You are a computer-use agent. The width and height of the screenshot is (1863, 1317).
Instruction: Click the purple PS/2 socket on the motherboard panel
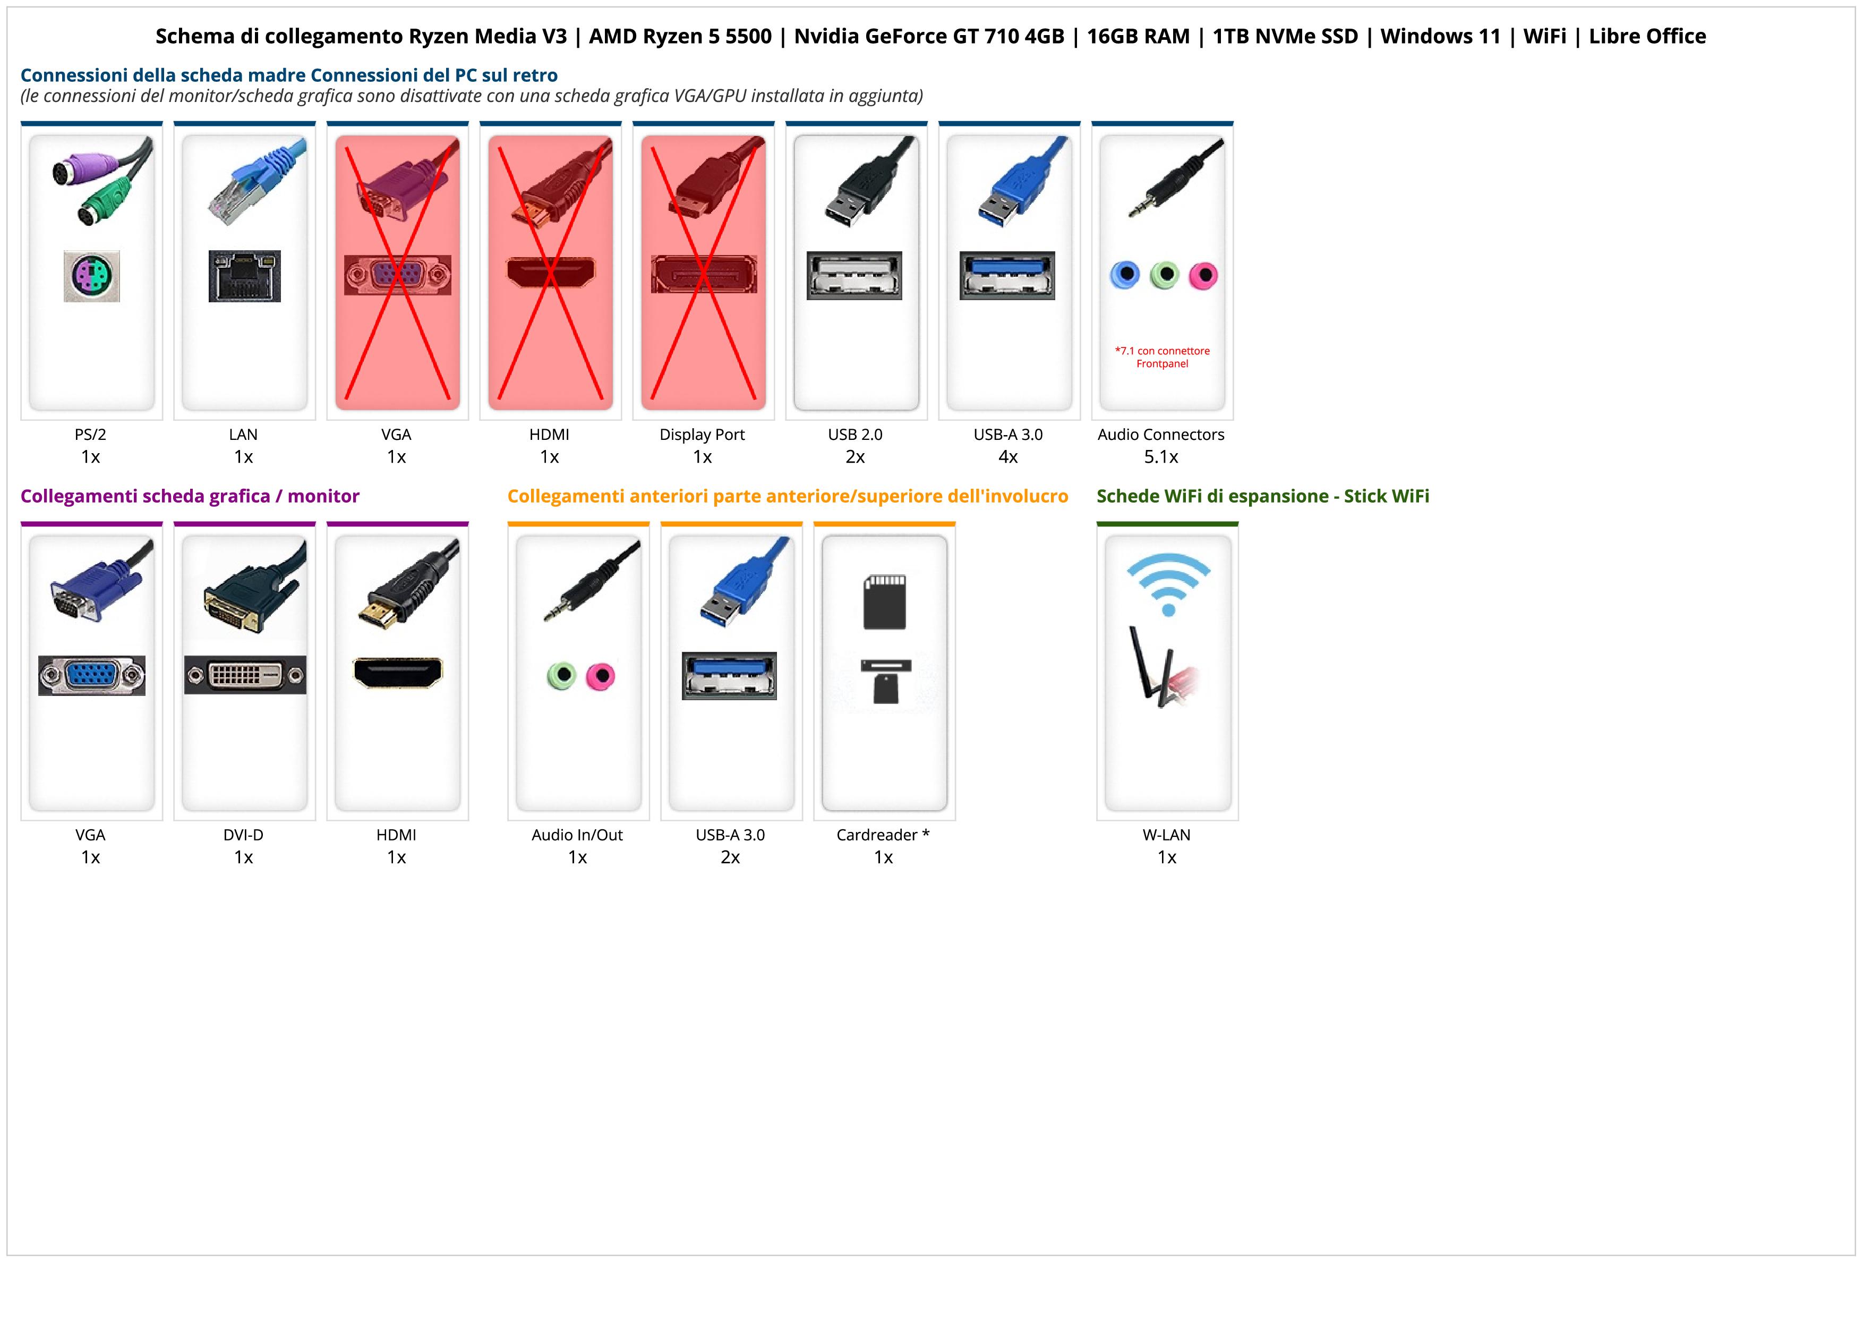click(92, 276)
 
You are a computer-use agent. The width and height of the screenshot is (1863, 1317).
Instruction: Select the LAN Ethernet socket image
click(244, 276)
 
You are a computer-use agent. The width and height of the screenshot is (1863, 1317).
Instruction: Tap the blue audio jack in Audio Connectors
click(1125, 275)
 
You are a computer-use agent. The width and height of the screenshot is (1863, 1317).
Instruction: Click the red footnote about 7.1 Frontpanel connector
click(1162, 357)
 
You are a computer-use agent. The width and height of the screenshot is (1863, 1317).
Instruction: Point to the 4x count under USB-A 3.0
click(1008, 457)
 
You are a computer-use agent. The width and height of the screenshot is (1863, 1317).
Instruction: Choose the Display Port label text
click(702, 434)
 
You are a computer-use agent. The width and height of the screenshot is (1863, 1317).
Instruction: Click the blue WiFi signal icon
click(1168, 583)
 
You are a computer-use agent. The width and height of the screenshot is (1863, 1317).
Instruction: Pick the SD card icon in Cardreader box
click(884, 601)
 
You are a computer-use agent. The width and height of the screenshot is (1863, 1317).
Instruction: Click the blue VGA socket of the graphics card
click(92, 675)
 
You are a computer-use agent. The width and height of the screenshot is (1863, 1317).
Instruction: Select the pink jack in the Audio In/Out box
click(601, 675)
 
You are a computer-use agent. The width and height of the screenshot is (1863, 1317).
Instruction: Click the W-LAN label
click(1166, 834)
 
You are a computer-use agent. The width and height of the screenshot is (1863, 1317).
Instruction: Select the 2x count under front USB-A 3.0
click(730, 857)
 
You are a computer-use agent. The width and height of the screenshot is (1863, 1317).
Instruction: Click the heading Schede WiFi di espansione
click(1262, 496)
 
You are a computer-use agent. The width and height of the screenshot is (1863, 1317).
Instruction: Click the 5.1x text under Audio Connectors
click(1161, 457)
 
